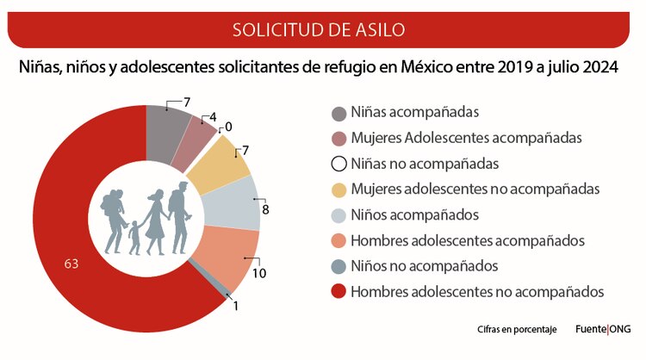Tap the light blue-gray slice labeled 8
point(237,202)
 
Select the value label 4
point(211,117)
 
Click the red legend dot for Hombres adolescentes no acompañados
point(339,292)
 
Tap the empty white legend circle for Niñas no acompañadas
point(339,164)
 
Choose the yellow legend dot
point(339,189)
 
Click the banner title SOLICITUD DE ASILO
point(320,30)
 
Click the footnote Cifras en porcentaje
point(517,330)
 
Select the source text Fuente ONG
point(602,329)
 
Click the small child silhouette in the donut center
point(134,238)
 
